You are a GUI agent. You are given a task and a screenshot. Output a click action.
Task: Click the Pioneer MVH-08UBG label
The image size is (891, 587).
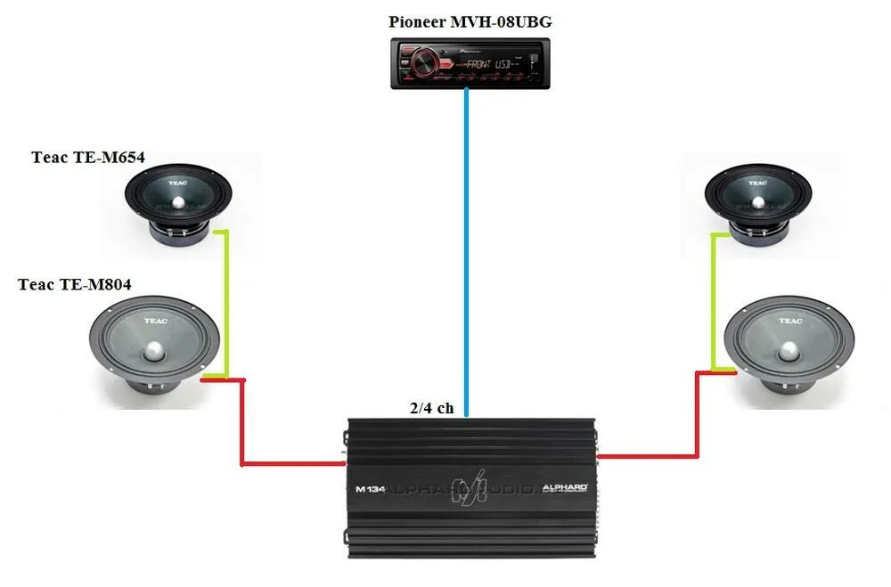coord(470,22)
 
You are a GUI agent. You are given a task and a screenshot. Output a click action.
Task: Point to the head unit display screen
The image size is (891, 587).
coord(486,64)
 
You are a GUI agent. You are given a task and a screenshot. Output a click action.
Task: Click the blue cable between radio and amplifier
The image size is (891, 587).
coord(466,249)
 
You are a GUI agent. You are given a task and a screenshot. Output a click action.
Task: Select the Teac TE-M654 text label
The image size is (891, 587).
coord(88,159)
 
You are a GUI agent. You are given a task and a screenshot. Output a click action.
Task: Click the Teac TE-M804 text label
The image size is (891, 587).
coord(75,285)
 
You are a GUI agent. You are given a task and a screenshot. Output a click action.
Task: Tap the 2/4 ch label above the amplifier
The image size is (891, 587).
coord(431,408)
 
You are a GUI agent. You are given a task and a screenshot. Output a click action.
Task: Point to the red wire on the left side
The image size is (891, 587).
coord(243,428)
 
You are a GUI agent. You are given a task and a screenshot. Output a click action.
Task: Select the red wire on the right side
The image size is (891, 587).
coord(695,419)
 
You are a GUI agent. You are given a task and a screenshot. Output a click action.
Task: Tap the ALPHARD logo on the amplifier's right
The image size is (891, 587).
coord(565,488)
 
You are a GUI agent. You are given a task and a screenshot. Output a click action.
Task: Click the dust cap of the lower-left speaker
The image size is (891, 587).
coord(155,350)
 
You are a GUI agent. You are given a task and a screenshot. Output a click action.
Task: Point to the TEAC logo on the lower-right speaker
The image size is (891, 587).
coord(790,321)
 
